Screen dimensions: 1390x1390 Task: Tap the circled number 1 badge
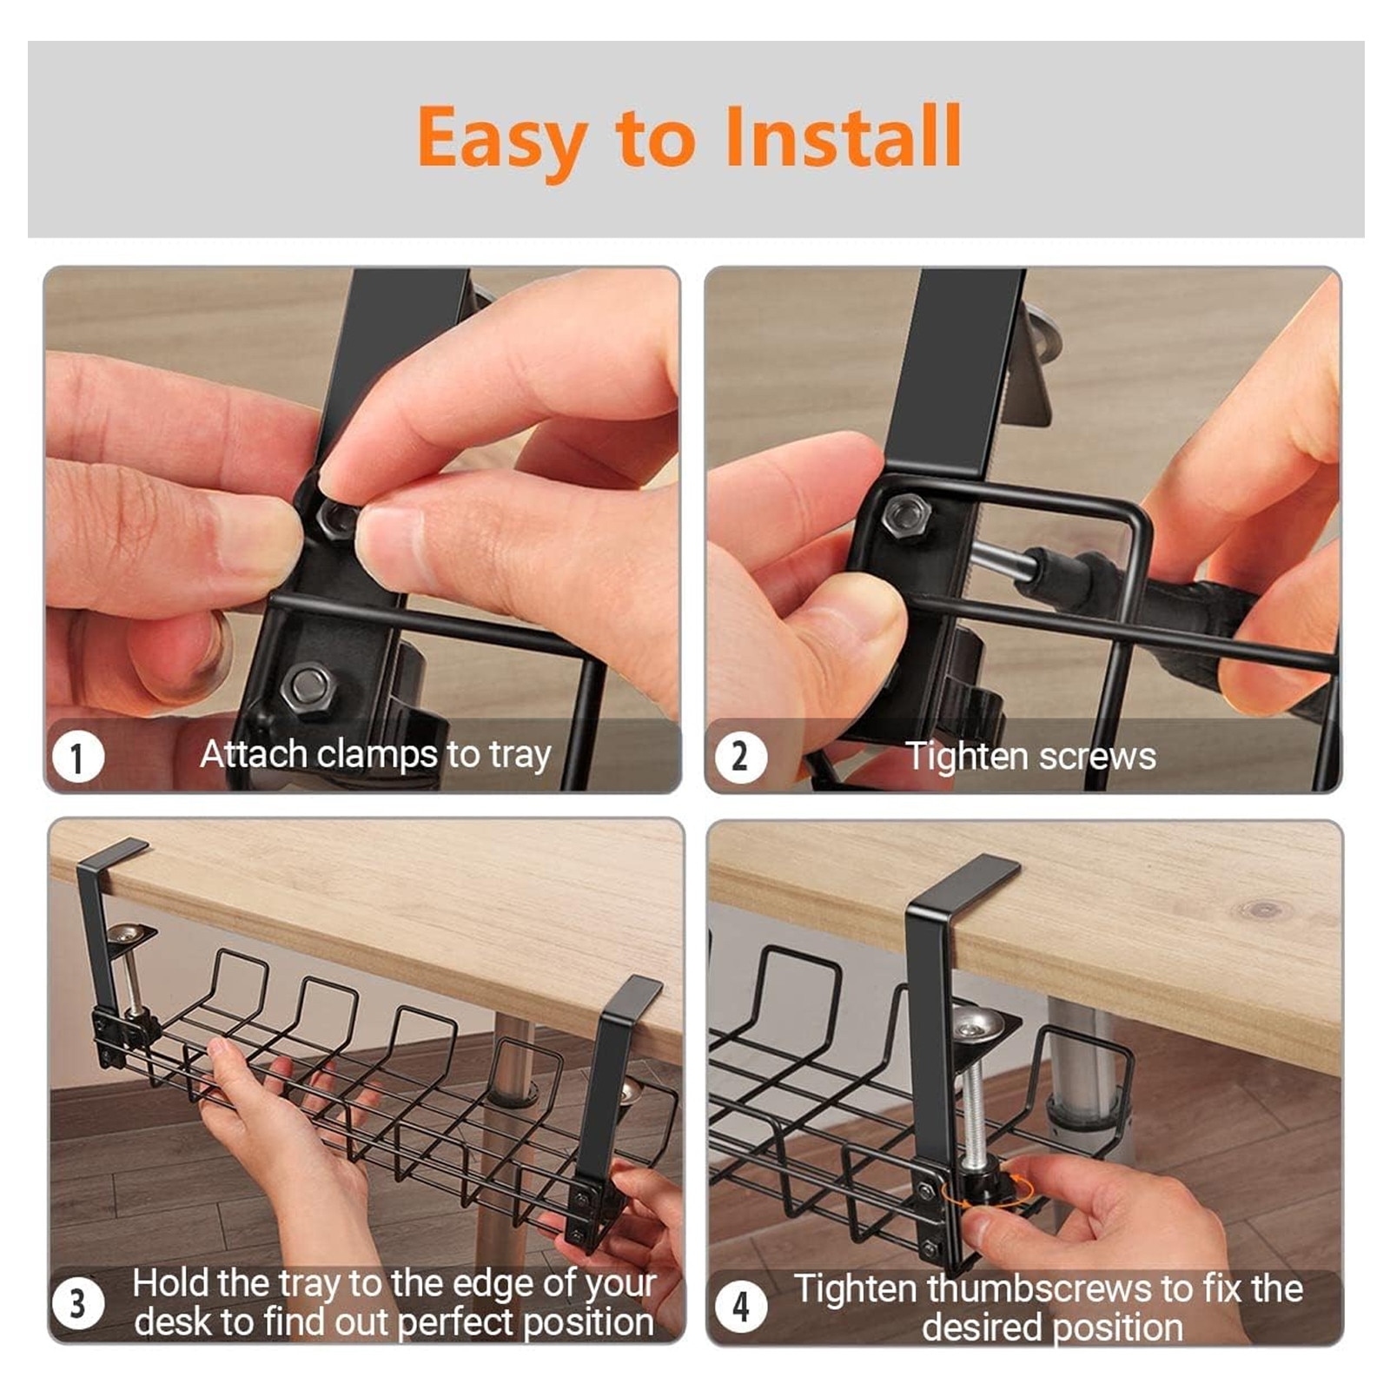pyautogui.click(x=77, y=757)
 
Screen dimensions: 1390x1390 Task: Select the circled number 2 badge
pyautogui.click(x=740, y=757)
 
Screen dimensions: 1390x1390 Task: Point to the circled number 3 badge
pyautogui.click(x=77, y=1303)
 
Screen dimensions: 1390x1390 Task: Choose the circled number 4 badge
pyautogui.click(x=740, y=1306)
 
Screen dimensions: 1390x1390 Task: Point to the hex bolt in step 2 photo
pyautogui.click(x=906, y=518)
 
